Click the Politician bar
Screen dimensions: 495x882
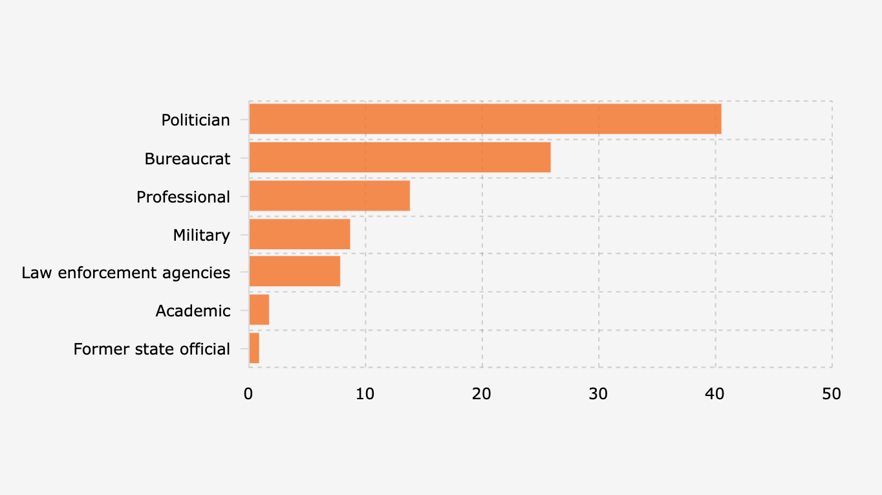pos(485,120)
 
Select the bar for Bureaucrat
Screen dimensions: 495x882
pos(400,158)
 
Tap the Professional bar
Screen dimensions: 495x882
pos(329,196)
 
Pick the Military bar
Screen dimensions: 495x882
pos(299,234)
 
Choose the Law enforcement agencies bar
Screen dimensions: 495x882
pos(294,272)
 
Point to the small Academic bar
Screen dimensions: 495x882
pos(259,311)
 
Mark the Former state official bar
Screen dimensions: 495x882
pos(254,349)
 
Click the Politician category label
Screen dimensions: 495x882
pos(195,120)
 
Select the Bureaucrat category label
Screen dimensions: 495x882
pos(187,159)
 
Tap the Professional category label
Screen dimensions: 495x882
pos(183,197)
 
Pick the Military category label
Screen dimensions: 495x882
pos(201,235)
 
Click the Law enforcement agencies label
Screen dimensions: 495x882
pos(125,273)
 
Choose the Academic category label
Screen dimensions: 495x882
pos(193,311)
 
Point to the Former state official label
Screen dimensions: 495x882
pos(151,349)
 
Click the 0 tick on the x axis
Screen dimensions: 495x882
pos(249,393)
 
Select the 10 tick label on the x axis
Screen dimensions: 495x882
pos(365,393)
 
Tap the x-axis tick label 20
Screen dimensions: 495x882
pos(482,393)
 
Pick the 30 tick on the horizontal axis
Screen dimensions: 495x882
pos(599,393)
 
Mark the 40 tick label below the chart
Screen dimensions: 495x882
pos(715,393)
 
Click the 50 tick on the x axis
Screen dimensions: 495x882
pos(832,393)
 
